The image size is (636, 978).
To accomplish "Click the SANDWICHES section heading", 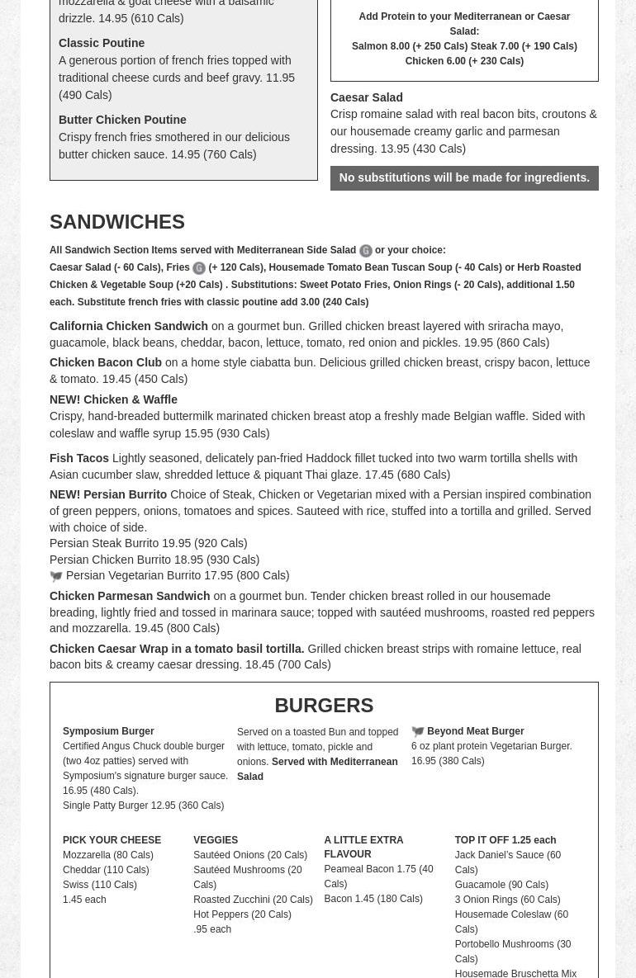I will point(117,221).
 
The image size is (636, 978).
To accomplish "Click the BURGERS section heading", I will point(324,705).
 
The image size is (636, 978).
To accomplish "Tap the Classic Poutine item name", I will point(102,43).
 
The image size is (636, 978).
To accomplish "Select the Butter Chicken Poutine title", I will point(122,120).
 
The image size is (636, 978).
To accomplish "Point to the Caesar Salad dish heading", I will point(367,97).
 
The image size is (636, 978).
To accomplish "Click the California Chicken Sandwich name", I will point(129,326).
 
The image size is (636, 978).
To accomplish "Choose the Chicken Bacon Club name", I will point(106,362).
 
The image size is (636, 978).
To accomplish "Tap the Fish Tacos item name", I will point(79,458).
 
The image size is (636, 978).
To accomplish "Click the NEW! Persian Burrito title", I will point(108,494).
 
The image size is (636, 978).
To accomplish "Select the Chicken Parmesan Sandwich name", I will point(130,596).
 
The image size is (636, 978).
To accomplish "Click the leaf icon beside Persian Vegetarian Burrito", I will point(56,576).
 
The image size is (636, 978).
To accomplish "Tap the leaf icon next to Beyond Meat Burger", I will point(418,731).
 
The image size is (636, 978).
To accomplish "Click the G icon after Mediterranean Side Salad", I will point(365,251).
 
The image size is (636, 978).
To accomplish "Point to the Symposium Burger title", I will point(108,731).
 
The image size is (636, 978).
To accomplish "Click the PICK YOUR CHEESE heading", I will point(112,840).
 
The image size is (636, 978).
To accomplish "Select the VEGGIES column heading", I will point(216,840).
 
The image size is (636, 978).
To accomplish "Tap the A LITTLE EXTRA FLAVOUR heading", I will point(363,847).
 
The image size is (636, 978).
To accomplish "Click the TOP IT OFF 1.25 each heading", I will point(505,840).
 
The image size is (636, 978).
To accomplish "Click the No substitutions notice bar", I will point(464,177).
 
